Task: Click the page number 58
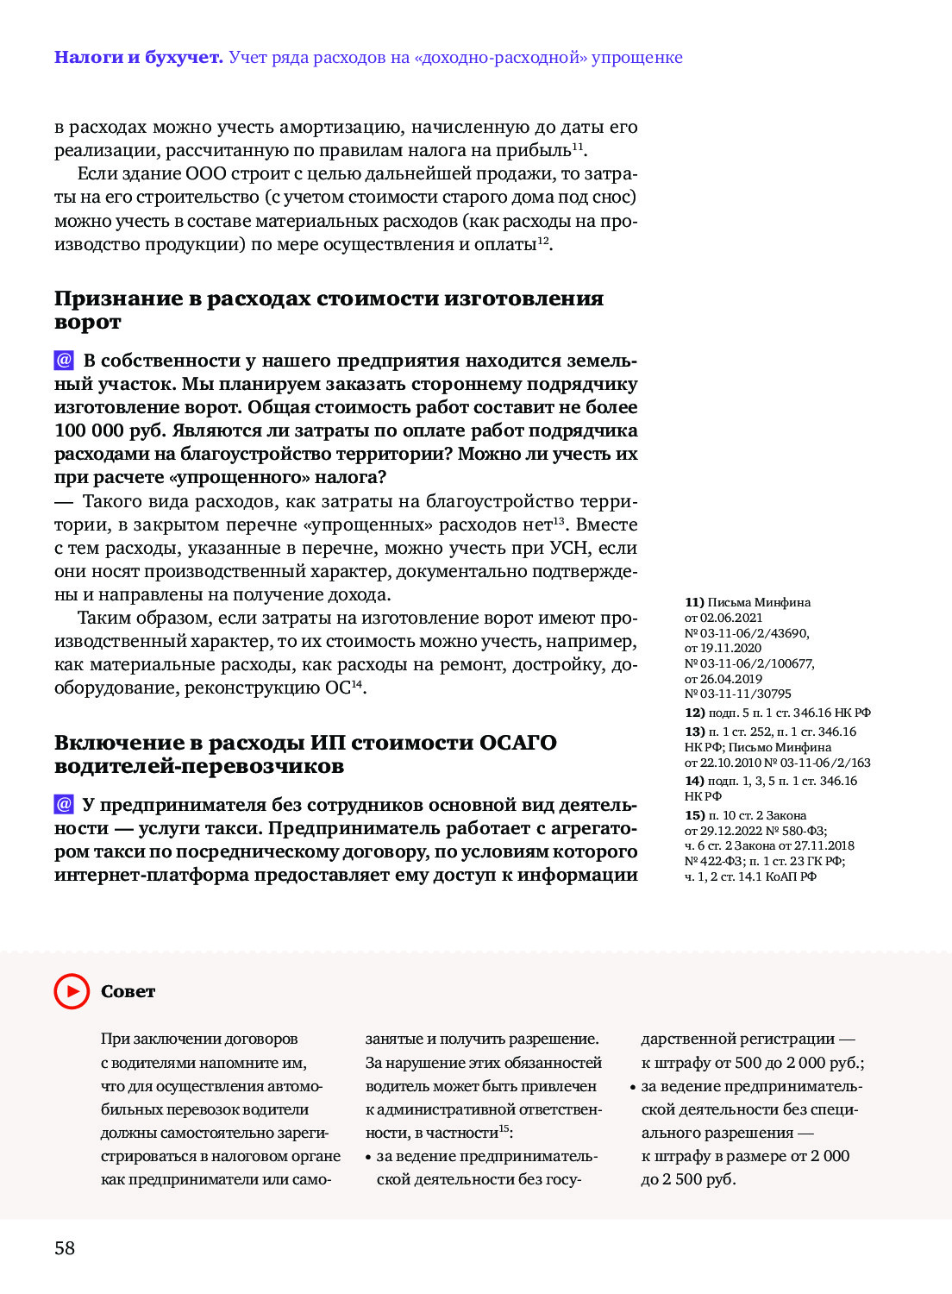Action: (65, 1248)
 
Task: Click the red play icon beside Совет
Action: (72, 991)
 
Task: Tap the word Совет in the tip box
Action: (128, 992)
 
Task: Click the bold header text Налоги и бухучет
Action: (138, 58)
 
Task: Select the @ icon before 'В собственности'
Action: (64, 361)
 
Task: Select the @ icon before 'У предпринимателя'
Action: (64, 805)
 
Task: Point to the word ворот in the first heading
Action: (88, 323)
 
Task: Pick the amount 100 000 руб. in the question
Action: (110, 431)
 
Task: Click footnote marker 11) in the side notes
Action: (694, 602)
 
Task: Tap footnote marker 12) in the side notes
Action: (694, 713)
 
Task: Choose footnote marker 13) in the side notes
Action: (694, 732)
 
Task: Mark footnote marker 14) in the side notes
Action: (694, 781)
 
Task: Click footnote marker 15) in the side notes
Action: (694, 815)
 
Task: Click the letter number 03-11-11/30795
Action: (745, 694)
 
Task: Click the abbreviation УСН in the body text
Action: (568, 548)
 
